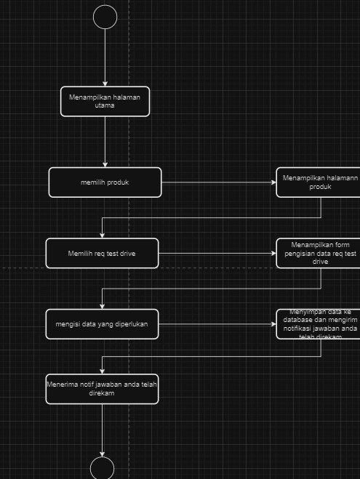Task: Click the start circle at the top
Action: point(105,17)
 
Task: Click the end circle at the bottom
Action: point(103,469)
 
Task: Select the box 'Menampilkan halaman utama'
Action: point(105,101)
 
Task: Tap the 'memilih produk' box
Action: point(105,182)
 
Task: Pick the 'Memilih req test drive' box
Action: point(103,253)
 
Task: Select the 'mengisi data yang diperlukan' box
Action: point(103,324)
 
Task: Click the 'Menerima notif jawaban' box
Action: point(103,388)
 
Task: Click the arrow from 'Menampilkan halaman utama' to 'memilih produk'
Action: point(105,142)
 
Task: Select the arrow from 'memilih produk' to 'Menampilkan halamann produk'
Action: point(218,182)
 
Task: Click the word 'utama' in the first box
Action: point(105,105)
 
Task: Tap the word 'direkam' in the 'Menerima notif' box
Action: point(103,393)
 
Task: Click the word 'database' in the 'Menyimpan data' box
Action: point(298,320)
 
